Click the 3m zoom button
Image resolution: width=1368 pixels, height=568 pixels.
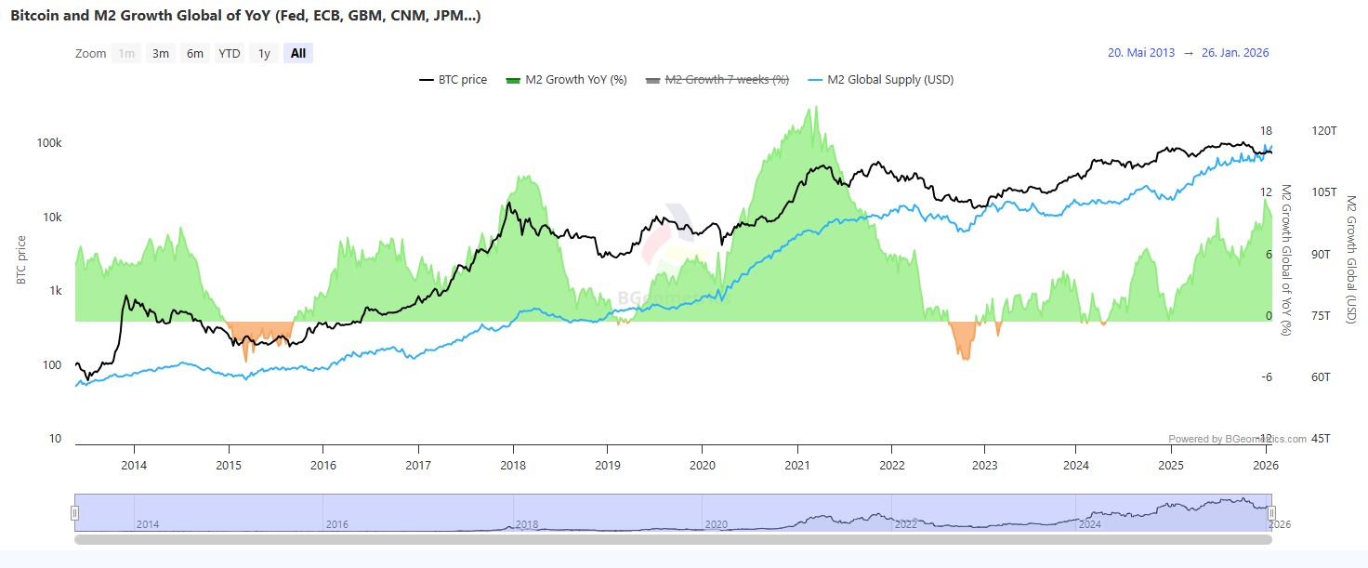(161, 53)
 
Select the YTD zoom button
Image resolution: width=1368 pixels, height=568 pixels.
(230, 53)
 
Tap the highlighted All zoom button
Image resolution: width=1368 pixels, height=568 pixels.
(297, 53)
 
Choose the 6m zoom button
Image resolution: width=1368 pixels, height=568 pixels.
(195, 53)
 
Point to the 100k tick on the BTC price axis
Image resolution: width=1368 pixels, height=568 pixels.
(49, 143)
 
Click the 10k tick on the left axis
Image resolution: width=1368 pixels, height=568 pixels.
(51, 217)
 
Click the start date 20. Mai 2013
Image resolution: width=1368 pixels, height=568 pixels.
(1141, 53)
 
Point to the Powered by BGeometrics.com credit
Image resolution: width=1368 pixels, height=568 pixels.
(1237, 439)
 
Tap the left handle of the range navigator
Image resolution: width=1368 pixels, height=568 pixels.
(75, 513)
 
